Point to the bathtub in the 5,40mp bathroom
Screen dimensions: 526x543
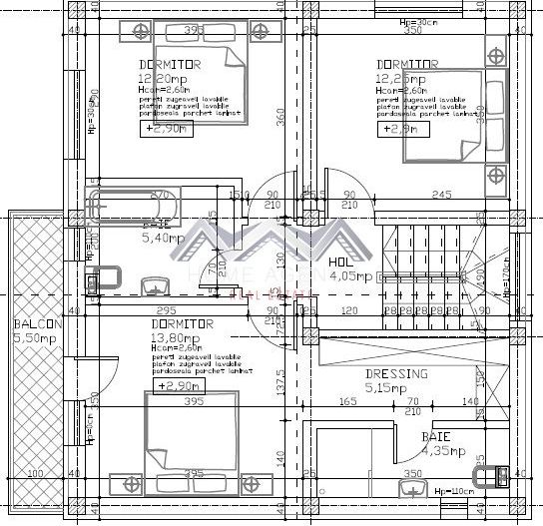(x=134, y=206)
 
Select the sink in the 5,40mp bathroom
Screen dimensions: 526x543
(x=155, y=287)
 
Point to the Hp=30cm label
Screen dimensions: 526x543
(x=402, y=21)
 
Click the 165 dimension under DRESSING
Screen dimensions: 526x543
(x=348, y=402)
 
